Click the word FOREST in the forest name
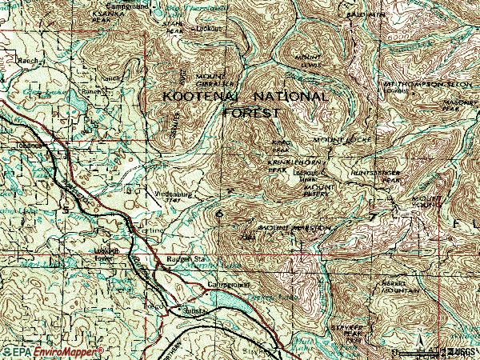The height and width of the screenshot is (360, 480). [x=252, y=113]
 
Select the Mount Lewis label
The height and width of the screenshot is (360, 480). [x=308, y=61]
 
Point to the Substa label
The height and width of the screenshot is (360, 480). [x=197, y=309]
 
